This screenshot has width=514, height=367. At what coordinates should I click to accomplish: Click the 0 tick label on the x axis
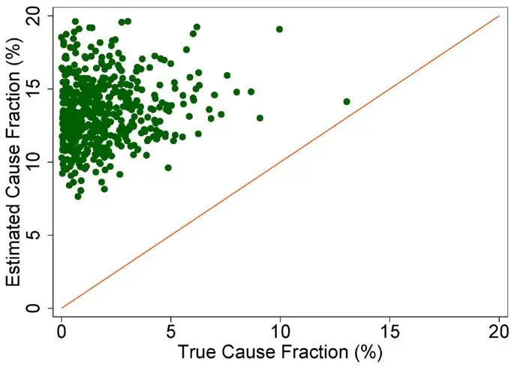[x=62, y=329]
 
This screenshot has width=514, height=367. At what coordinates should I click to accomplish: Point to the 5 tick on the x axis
[x=171, y=329]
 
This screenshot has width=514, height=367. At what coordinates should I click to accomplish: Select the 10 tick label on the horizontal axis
[x=281, y=329]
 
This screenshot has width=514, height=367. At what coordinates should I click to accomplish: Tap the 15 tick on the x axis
[x=389, y=329]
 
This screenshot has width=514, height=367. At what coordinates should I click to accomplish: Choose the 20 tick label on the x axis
[x=499, y=329]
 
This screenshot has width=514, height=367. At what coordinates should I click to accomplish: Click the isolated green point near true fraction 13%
[x=347, y=101]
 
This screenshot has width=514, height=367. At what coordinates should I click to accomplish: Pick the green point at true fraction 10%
[x=280, y=29]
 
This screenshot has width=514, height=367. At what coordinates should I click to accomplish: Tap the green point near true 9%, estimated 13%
[x=260, y=118]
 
